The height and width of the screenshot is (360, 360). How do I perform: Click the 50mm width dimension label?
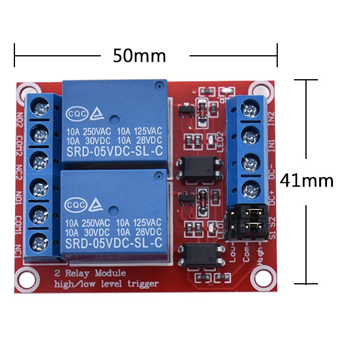tap(139, 56)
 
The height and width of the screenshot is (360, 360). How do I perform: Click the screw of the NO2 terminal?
tap(41, 109)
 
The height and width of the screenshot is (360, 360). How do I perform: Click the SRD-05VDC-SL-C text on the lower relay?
tap(115, 243)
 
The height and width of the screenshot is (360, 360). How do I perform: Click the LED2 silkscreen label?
tap(220, 141)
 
